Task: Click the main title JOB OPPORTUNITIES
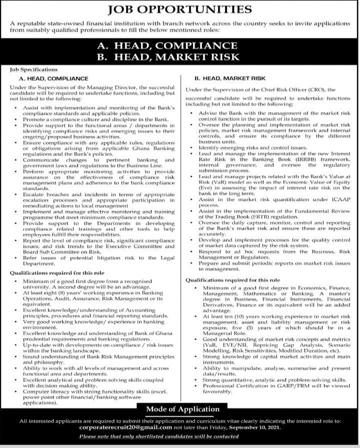180,9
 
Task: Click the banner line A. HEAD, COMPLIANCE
180,45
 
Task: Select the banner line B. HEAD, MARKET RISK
180,57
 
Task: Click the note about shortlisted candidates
180,436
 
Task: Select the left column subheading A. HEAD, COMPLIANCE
53,78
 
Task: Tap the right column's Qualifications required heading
233,281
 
